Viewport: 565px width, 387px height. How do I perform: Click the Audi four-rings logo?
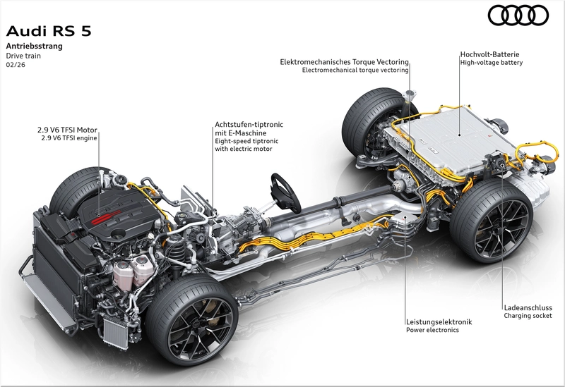518,16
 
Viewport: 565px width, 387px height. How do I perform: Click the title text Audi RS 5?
49,31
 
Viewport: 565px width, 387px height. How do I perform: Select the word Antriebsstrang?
34,46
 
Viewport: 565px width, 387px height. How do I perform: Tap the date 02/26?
16,65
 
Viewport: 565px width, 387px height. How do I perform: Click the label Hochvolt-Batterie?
489,54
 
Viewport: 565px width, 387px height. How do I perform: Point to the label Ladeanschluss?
528,307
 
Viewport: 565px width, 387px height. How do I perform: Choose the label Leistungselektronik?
439,322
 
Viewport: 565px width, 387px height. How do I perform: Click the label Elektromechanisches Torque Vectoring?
344,62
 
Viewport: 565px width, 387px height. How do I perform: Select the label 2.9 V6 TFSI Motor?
67,130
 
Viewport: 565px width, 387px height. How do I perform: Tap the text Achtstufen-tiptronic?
249,125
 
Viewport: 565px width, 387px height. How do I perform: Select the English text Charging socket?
528,316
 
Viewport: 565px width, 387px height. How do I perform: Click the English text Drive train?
23,56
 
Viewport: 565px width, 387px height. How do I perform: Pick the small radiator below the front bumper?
116,333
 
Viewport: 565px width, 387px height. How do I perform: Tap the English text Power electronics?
432,330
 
